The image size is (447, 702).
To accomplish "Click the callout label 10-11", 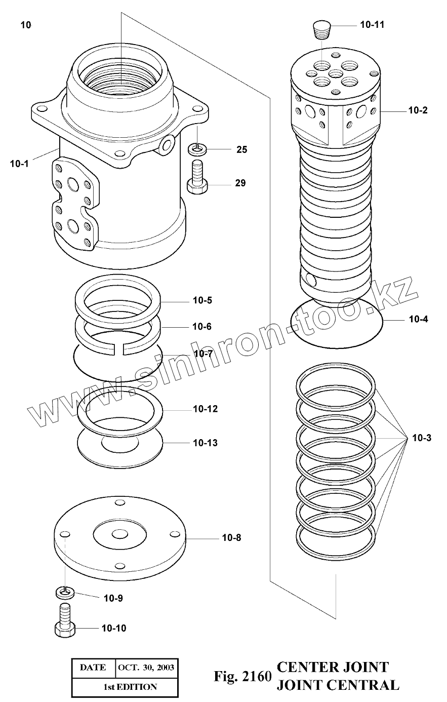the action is click(x=372, y=24).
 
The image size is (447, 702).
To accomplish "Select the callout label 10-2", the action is click(x=418, y=110).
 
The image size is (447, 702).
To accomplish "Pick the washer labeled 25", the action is click(x=196, y=149).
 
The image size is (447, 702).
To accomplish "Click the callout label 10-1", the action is click(x=19, y=163).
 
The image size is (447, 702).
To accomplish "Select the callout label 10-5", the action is click(x=202, y=300).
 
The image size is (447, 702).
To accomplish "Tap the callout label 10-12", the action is click(x=205, y=409).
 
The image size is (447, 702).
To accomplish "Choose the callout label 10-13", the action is click(x=205, y=443).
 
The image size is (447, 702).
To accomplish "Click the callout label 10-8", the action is click(x=231, y=537).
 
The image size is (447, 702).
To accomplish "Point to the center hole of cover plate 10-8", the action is click(x=120, y=534).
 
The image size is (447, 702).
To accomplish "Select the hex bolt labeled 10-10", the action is click(x=64, y=622).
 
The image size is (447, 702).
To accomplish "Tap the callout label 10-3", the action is click(x=421, y=438).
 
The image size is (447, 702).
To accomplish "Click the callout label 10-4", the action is click(x=418, y=319).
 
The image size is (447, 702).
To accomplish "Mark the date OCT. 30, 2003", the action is click(x=145, y=668).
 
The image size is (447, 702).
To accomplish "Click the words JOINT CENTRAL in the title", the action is click(x=337, y=685).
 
